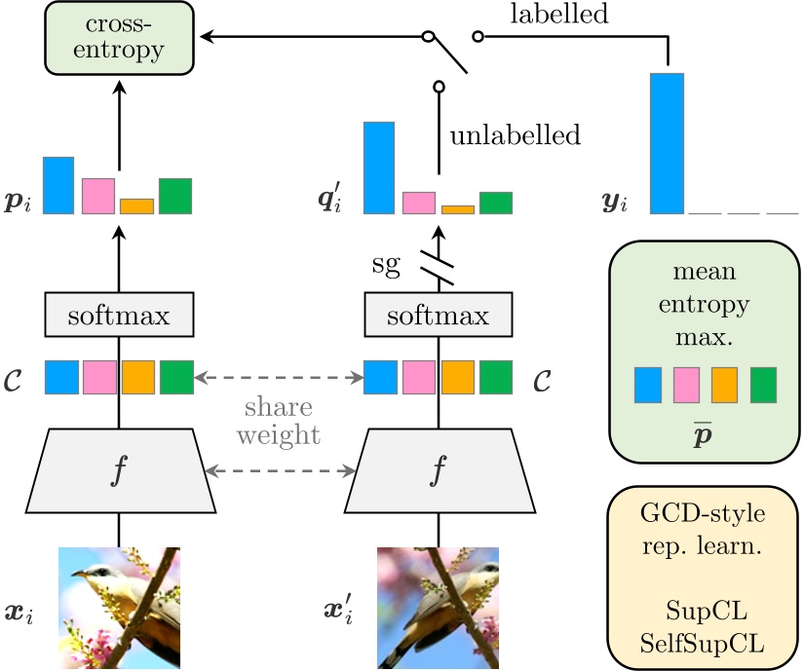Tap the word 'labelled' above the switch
(558, 14)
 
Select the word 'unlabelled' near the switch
(515, 134)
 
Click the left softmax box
(120, 317)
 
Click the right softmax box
(438, 317)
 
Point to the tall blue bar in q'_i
(379, 168)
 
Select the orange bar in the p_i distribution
(136, 205)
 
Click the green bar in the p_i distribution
(175, 196)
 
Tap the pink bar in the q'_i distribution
(418, 203)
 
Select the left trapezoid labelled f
(120, 470)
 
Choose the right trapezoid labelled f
(438, 470)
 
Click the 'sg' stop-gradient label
(386, 265)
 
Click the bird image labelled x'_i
(438, 606)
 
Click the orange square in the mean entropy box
(724, 385)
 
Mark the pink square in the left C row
(99, 377)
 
